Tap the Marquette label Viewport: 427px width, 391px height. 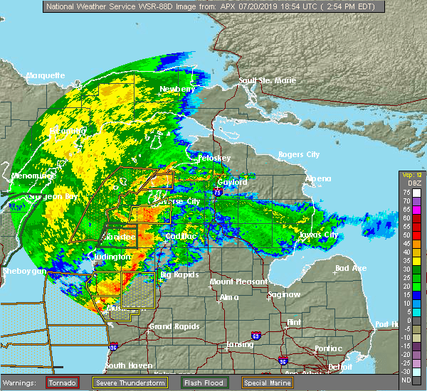point(46,75)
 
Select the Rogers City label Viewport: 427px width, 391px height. point(299,154)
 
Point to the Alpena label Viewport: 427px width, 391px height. point(318,178)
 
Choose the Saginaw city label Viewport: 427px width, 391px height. point(283,294)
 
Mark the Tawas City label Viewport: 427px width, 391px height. point(318,235)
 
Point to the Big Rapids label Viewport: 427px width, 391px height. point(177,274)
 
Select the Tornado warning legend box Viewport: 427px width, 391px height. point(63,382)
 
